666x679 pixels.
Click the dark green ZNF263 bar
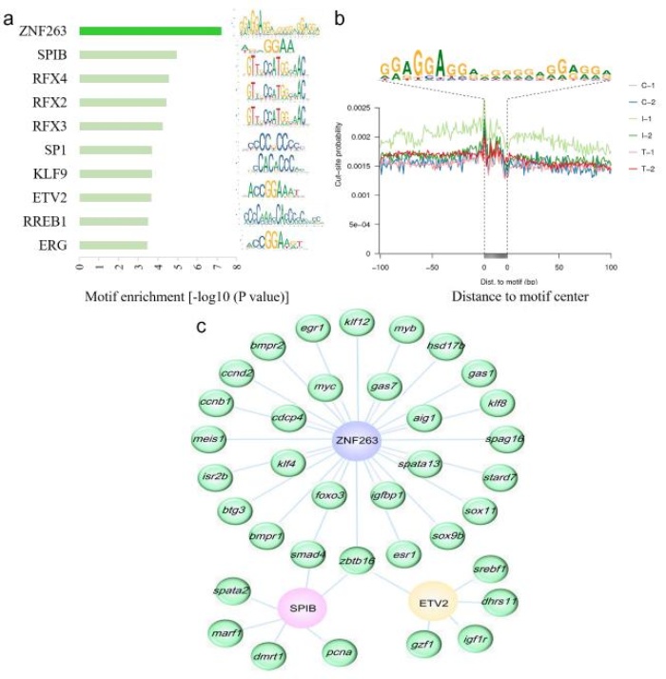(x=149, y=30)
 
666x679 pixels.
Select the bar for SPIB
(x=127, y=54)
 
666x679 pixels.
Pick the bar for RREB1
(x=113, y=221)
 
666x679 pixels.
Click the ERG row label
(x=52, y=245)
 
